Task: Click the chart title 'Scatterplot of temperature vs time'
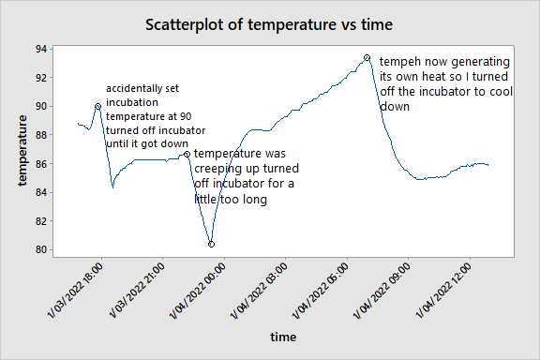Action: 270,22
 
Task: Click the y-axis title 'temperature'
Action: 24,150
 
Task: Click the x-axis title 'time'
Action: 283,336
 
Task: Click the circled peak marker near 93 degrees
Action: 367,58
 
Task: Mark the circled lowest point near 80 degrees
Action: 211,244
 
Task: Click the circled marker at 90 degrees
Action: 97,106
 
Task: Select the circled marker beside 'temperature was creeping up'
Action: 187,154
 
